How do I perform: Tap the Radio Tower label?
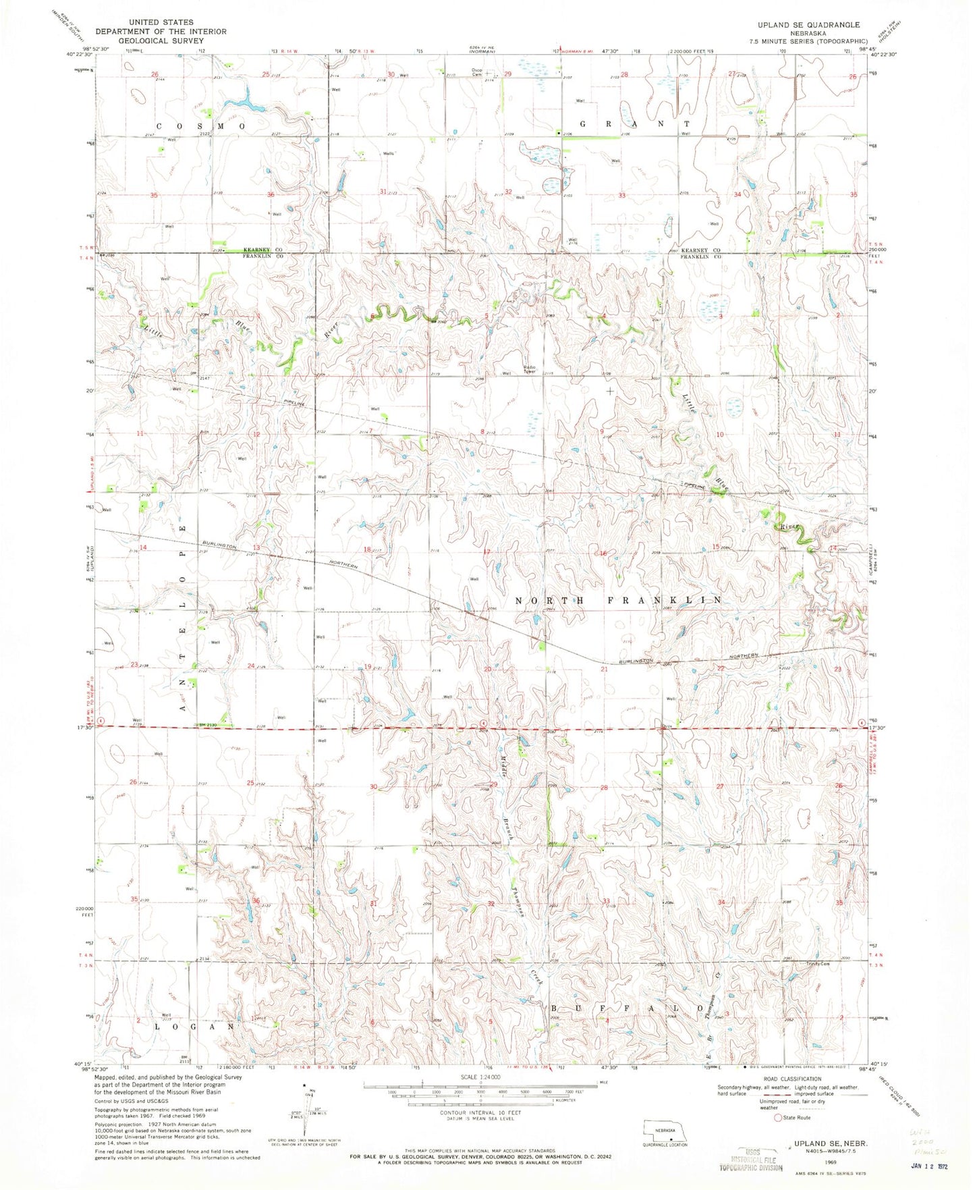coord(530,369)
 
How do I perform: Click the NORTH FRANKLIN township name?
coord(619,600)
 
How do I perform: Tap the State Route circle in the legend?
coord(778,1117)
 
